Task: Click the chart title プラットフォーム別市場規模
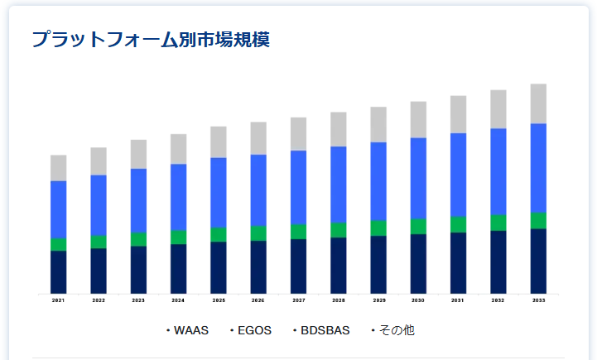click(x=151, y=39)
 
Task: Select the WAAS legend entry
click(x=190, y=330)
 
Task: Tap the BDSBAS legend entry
click(x=325, y=330)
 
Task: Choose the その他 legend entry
click(x=396, y=330)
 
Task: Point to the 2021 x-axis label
click(x=58, y=300)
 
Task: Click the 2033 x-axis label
click(x=538, y=300)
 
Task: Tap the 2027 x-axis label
click(x=298, y=300)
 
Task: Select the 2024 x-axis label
click(x=178, y=300)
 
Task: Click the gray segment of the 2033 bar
click(x=538, y=103)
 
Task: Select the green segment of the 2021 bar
click(x=58, y=244)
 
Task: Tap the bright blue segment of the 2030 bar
click(x=418, y=178)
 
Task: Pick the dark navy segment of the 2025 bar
click(x=219, y=267)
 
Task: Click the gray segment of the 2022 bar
click(x=99, y=161)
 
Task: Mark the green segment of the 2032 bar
click(x=498, y=223)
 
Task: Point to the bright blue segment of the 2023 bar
click(x=138, y=200)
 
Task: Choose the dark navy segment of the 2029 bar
click(x=378, y=265)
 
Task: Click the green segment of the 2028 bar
click(x=338, y=229)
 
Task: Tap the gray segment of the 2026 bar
click(x=258, y=138)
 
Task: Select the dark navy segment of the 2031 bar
click(x=458, y=263)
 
